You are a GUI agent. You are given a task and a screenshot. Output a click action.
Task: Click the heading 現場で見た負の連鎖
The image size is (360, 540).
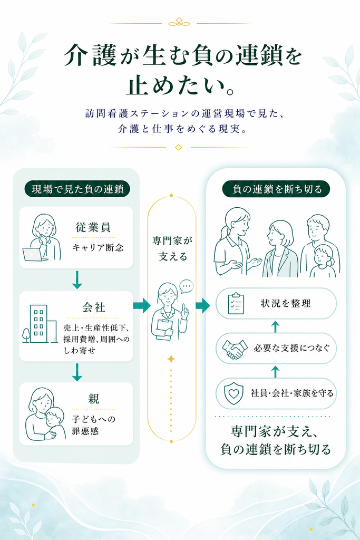tap(77, 189)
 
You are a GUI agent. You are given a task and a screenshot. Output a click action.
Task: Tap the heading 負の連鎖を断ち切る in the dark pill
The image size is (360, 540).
tap(277, 189)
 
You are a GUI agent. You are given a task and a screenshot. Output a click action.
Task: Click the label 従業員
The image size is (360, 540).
tap(93, 227)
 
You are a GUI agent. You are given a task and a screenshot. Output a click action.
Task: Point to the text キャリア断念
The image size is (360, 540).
tap(98, 247)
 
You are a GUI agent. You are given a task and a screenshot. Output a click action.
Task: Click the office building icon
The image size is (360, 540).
tap(40, 324)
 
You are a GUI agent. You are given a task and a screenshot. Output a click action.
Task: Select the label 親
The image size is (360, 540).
tap(94, 399)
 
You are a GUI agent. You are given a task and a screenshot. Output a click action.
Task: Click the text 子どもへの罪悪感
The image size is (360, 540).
tap(94, 426)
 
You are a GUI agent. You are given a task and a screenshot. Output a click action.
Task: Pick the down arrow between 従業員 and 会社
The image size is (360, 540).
tap(77, 279)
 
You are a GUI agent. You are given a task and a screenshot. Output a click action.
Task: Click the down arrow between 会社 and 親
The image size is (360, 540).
tap(77, 372)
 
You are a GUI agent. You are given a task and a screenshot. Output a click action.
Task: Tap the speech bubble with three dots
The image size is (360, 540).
tap(187, 286)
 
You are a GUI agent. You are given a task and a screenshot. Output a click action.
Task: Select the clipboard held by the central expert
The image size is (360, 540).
tap(165, 330)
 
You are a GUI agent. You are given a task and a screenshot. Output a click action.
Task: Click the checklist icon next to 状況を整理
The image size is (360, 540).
tap(236, 303)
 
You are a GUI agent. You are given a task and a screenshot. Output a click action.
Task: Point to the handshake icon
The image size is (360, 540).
tap(235, 349)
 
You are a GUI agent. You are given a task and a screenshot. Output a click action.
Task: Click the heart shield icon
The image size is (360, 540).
tap(233, 393)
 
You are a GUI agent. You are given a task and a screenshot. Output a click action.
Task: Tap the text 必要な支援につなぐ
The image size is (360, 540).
tap(291, 348)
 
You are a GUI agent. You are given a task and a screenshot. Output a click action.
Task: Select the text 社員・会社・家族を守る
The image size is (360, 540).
tap(292, 393)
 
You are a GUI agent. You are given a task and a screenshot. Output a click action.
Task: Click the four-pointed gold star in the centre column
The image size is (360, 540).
tap(171, 359)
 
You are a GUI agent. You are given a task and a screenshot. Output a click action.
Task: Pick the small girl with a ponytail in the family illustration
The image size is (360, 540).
tap(323, 262)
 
